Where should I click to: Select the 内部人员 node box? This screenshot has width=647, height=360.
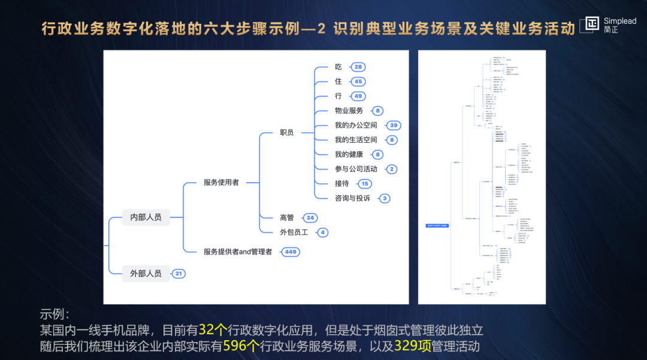point(146,217)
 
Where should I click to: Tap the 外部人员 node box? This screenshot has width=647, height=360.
point(146,274)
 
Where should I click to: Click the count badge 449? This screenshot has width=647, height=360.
point(291,252)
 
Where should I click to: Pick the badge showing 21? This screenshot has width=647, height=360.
point(178,274)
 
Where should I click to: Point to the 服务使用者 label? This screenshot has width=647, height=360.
point(221,182)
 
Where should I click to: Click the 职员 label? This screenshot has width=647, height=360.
point(286,132)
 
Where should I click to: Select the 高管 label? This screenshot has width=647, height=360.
point(286,218)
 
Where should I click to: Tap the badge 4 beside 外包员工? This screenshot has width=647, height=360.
point(322,232)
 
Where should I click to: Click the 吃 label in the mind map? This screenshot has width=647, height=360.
point(338,67)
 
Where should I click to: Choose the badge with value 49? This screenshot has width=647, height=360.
point(358,96)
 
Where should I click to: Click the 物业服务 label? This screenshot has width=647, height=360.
point(349,111)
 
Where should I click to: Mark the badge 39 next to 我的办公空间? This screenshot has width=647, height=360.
point(393,126)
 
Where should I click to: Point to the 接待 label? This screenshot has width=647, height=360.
point(341,184)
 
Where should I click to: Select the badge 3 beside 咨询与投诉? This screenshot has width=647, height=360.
point(385,198)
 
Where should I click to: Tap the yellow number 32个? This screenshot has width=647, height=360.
point(213,330)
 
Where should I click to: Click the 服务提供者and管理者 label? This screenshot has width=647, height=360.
point(238,252)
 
